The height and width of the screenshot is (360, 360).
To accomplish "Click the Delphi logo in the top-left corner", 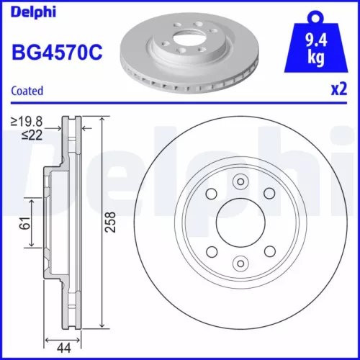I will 30,12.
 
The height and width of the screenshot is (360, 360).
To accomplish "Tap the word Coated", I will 27,91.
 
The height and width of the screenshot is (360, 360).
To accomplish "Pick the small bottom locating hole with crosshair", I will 241,263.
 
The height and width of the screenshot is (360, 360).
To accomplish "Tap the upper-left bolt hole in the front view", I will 212,193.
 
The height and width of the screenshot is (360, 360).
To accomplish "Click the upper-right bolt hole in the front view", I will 269,193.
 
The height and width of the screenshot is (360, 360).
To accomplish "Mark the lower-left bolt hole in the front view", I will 212,251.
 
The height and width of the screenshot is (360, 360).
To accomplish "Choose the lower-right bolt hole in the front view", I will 269,251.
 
